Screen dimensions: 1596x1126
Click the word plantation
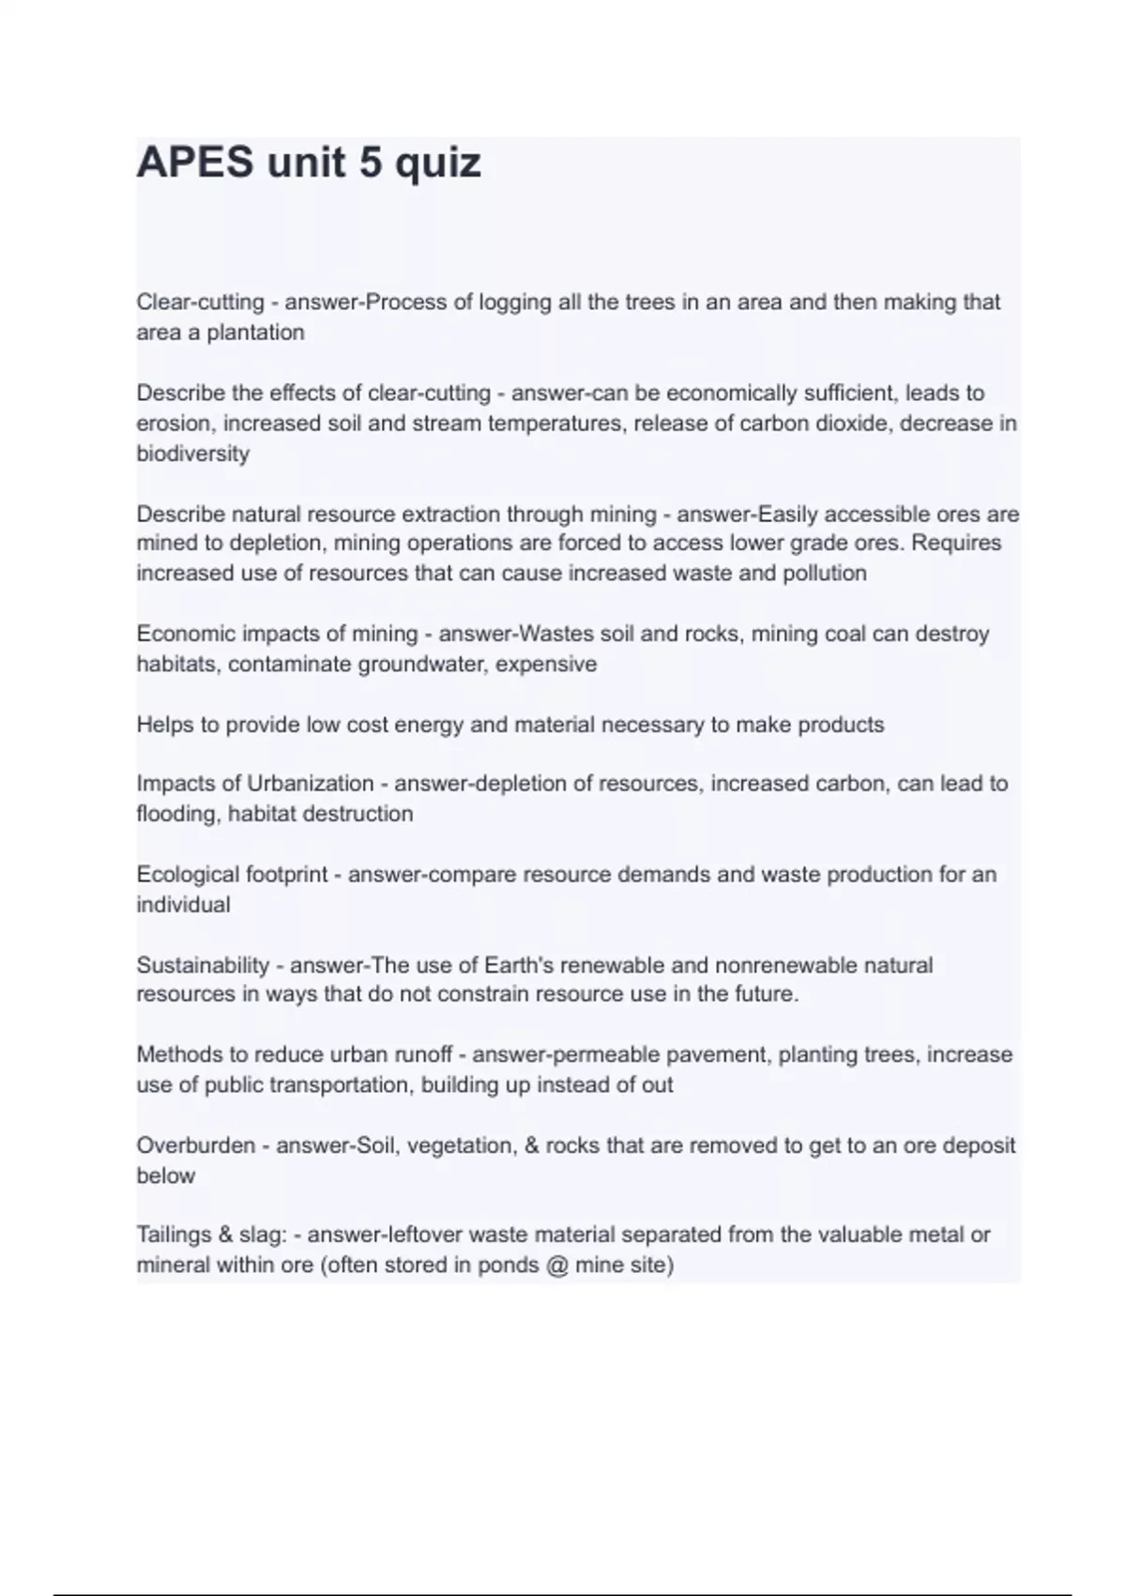pyautogui.click(x=255, y=332)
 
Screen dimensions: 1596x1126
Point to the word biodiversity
pyautogui.click(x=193, y=453)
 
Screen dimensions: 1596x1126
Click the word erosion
pyautogui.click(x=175, y=423)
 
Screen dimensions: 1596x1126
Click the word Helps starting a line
pyautogui.click(x=165, y=725)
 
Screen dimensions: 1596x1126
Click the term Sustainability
pyautogui.click(x=203, y=965)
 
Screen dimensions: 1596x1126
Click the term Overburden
pyautogui.click(x=196, y=1145)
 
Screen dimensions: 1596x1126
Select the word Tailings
pyautogui.click(x=174, y=1235)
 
